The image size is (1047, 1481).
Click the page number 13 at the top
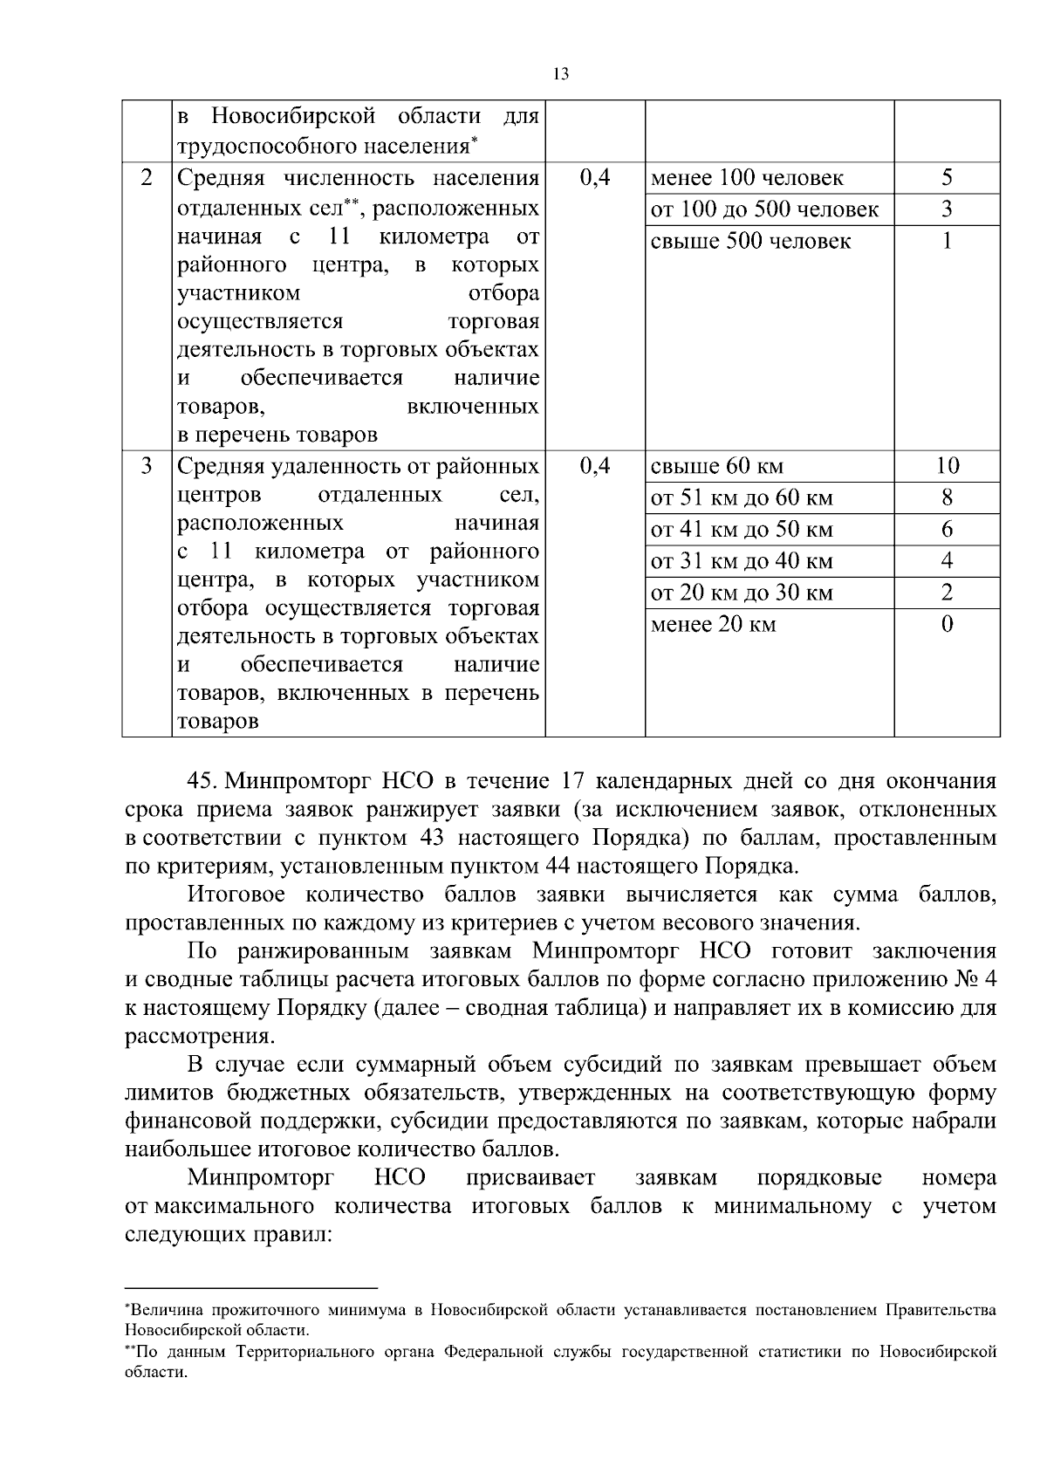(x=561, y=74)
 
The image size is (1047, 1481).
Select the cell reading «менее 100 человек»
(x=747, y=178)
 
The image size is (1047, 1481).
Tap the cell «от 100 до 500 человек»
(x=764, y=209)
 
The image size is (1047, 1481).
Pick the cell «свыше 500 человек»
(x=750, y=242)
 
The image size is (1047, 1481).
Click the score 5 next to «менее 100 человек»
(x=947, y=178)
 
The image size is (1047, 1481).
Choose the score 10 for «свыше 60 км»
(x=947, y=466)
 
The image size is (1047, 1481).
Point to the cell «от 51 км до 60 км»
(x=742, y=498)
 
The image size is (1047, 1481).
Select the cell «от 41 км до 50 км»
(x=742, y=530)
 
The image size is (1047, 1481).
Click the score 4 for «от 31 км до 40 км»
(x=947, y=561)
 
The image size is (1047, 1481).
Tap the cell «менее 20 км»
(x=713, y=625)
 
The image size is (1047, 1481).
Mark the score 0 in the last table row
(x=947, y=625)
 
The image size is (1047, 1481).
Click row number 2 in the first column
(x=147, y=178)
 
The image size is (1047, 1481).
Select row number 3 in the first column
(x=147, y=466)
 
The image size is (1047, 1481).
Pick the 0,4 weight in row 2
(x=594, y=178)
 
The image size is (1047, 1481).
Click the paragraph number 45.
(x=202, y=781)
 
